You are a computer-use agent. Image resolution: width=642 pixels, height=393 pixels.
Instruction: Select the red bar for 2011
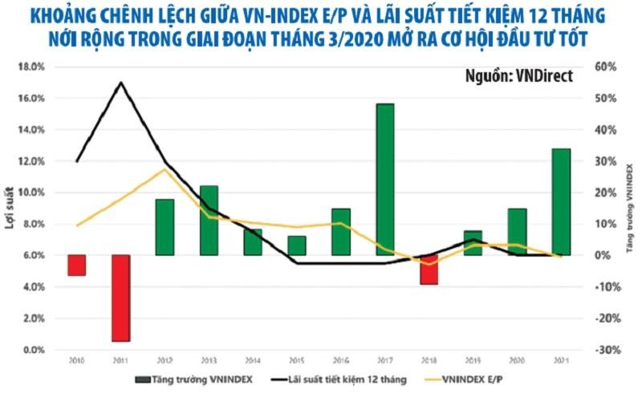(120, 298)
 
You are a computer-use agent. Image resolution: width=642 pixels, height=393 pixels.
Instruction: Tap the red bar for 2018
(429, 269)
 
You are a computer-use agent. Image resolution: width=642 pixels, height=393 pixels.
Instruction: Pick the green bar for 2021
(561, 201)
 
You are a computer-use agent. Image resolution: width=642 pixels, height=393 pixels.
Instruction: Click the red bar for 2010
(76, 265)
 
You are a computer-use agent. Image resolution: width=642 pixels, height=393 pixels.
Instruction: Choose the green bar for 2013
(209, 220)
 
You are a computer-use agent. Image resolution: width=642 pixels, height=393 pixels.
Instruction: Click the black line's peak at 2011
(120, 83)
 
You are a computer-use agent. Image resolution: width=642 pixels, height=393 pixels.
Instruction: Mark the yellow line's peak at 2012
(165, 169)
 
